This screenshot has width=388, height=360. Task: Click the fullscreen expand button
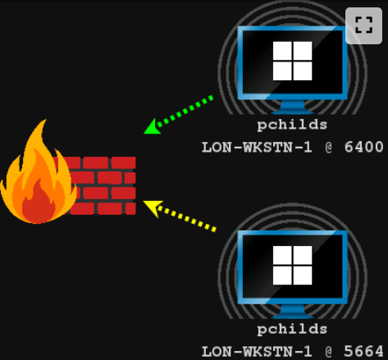[x=363, y=25]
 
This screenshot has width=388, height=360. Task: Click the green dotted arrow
[x=178, y=115]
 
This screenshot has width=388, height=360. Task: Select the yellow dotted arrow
[x=180, y=216]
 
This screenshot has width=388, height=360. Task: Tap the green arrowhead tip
[x=144, y=134]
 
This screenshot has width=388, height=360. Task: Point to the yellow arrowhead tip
[x=144, y=202]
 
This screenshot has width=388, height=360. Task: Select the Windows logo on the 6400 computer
[x=292, y=61]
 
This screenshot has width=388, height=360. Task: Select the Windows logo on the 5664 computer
[x=292, y=265]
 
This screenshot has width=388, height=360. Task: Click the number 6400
[x=363, y=147]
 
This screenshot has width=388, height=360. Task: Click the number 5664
[x=363, y=351]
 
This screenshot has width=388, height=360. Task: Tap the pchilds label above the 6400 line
[x=292, y=125]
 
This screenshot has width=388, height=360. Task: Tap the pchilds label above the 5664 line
[x=292, y=329]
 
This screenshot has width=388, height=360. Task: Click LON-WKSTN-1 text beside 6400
[x=257, y=148]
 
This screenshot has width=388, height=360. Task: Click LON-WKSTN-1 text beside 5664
[x=257, y=352]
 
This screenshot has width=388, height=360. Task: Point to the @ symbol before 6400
[x=329, y=148]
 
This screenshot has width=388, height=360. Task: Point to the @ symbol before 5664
[x=329, y=352]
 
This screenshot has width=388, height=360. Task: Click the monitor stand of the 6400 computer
[x=293, y=107]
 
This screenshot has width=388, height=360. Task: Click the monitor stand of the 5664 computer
[x=293, y=312]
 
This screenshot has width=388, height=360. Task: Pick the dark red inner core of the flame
[x=39, y=203]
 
